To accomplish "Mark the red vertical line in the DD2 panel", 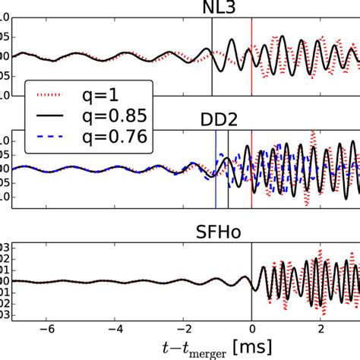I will pos(251,197).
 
